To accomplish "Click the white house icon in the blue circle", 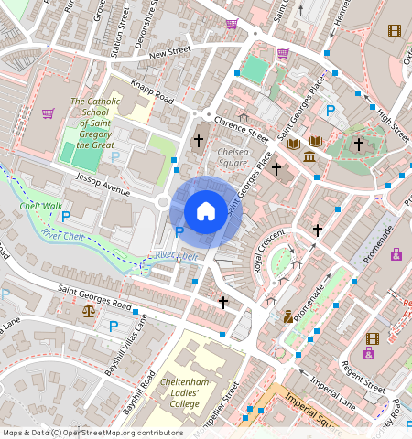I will [x=206, y=211].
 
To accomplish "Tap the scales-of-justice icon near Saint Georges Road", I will [x=89, y=311].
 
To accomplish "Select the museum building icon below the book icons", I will [x=309, y=158].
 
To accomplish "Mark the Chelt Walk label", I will [x=41, y=207].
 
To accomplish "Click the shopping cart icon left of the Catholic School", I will [x=48, y=113].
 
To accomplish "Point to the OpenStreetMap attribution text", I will [x=92, y=433].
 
